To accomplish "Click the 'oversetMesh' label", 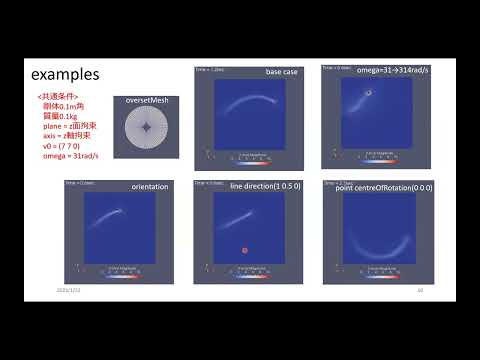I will [x=146, y=102].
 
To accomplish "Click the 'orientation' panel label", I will [x=150, y=187].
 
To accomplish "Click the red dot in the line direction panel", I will [x=243, y=250].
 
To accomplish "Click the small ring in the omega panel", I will [x=368, y=93].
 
